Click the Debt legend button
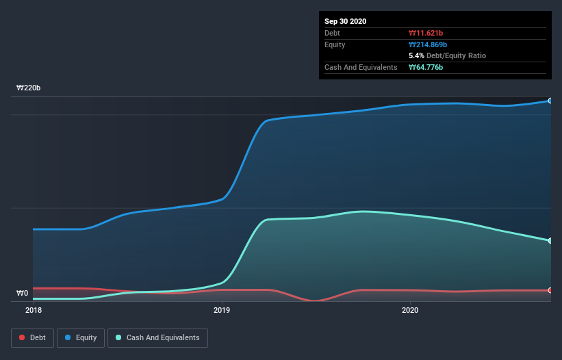[x=31, y=337]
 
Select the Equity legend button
[x=81, y=337]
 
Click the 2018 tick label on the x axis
[x=33, y=310]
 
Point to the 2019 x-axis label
[x=222, y=310]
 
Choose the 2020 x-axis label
[x=410, y=310]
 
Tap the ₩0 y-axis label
[x=23, y=294]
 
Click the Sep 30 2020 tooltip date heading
[x=346, y=21]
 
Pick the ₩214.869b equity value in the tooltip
[x=429, y=44]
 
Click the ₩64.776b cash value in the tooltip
[x=426, y=67]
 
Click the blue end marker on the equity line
[x=550, y=101]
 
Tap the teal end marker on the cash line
[x=550, y=240]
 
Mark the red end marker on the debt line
[x=550, y=290]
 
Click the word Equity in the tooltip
[x=335, y=44]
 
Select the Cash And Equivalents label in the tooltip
[x=361, y=67]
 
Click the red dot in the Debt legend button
[x=23, y=337]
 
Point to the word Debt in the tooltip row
[x=332, y=33]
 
